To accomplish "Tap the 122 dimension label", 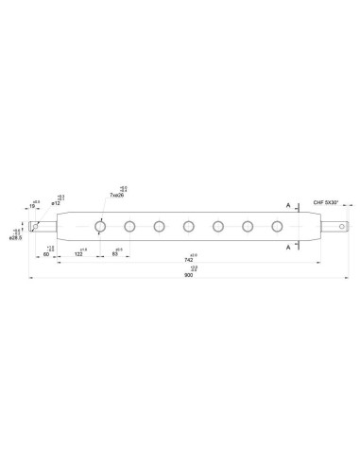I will (x=78, y=254).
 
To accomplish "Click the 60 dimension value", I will (x=47, y=254).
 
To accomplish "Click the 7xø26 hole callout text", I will (x=118, y=194).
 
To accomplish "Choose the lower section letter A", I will (x=287, y=246).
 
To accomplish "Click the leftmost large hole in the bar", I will (x=99, y=226).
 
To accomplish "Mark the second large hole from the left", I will (x=129, y=226).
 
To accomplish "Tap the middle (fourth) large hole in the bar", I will (x=189, y=226).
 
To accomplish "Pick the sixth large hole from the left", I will (x=249, y=226).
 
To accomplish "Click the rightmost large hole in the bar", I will (x=278, y=226).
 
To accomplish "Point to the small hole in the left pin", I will (x=36, y=226).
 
